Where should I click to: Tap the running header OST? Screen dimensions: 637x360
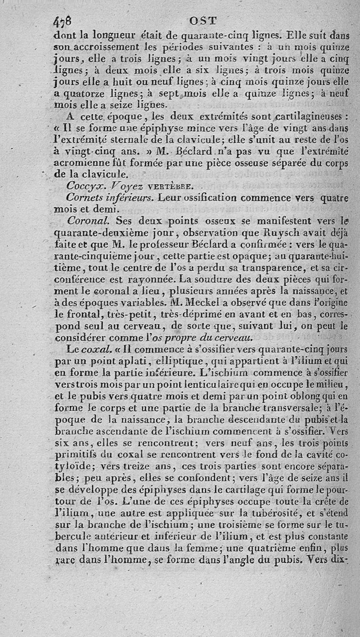204,20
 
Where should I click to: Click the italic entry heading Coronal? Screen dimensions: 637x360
89,220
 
